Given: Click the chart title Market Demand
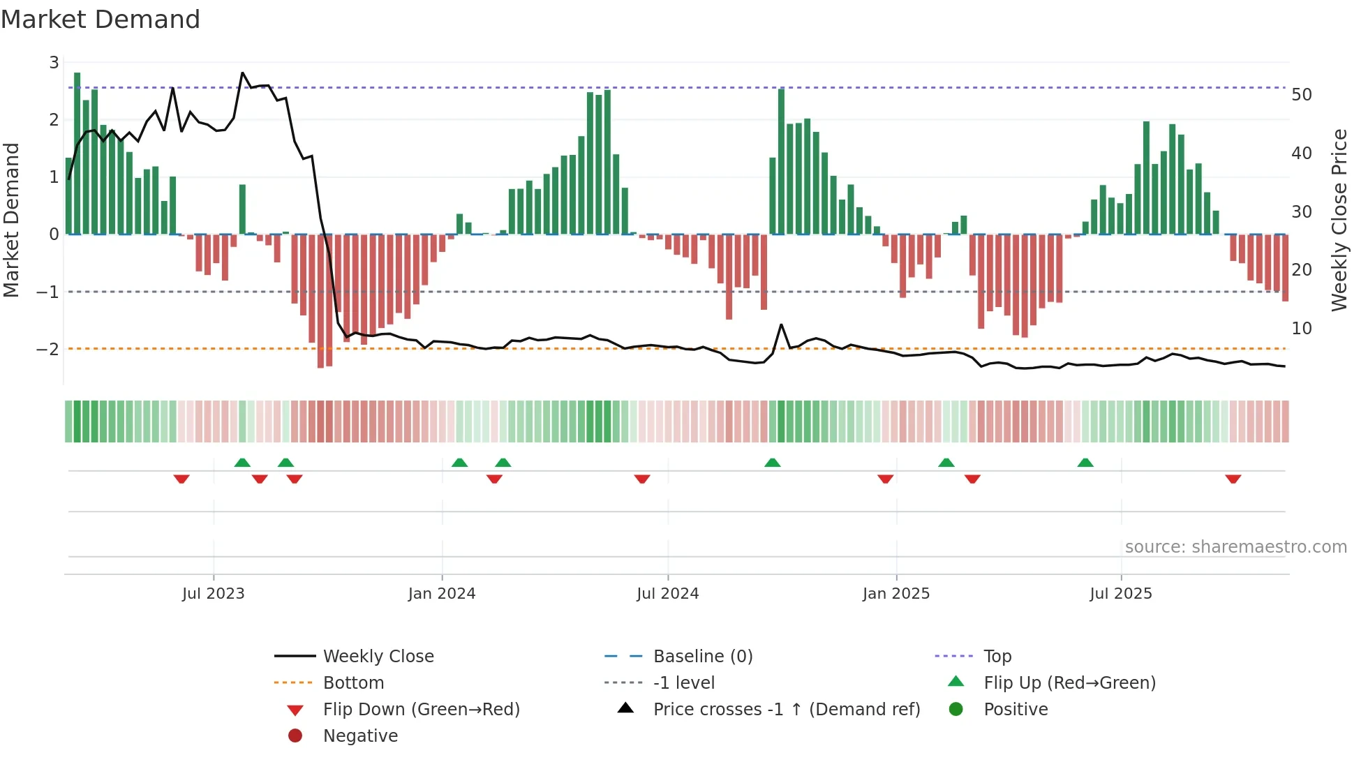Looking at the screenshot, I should coord(101,19).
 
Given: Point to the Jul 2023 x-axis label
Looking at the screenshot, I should coord(213,593).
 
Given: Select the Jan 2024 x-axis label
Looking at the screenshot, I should coord(441,593).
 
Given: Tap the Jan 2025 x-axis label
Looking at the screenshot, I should coord(895,593).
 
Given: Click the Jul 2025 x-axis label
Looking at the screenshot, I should coord(1120,593).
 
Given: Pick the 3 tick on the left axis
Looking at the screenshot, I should coord(54,63).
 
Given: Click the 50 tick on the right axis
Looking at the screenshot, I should coord(1301,94).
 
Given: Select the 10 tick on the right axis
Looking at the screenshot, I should coord(1301,328).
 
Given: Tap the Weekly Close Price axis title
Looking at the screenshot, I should coord(1339,220).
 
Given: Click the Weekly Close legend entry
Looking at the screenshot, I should coord(378,656).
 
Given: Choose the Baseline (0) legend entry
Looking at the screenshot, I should coord(702,656).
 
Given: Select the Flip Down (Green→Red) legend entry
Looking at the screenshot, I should coord(421,709).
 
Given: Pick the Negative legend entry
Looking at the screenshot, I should coord(360,736).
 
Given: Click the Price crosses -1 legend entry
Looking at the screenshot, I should coord(786,709).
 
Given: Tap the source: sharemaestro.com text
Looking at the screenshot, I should coord(1235,546).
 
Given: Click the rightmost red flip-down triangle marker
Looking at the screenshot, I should coord(1233,479).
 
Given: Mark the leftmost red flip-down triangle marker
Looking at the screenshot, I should coord(181,479).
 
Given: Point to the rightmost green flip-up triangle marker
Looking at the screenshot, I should coord(1085,463).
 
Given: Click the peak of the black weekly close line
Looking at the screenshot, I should coord(242,73).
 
